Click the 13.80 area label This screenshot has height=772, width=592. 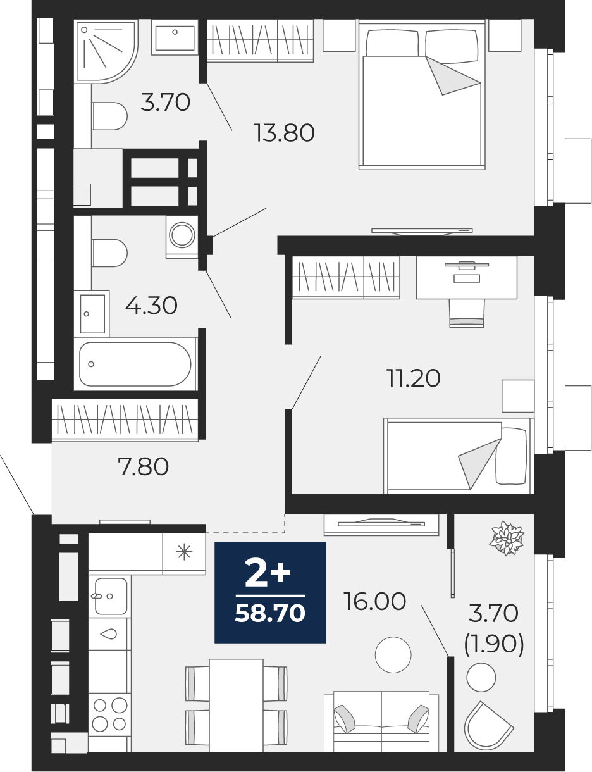284,133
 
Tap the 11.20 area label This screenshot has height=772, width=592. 414,378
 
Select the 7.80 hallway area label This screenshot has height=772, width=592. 143,467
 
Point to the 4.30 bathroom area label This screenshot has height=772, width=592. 151,306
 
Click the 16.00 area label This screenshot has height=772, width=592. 375,601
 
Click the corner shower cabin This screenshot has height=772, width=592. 106,52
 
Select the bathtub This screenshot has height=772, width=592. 135,364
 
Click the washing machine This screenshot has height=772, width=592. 182,236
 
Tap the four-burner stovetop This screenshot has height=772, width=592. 109,714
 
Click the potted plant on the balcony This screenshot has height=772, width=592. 507,537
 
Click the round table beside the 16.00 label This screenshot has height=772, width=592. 393,655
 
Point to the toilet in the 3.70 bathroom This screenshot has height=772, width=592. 109,116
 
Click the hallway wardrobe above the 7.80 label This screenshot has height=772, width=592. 125,420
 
